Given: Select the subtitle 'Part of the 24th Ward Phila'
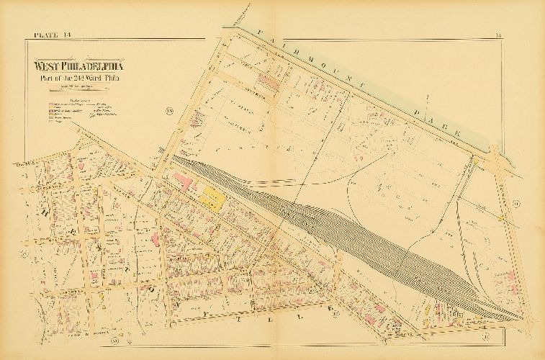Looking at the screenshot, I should (x=85, y=78).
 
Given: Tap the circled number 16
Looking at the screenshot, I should (x=170, y=110).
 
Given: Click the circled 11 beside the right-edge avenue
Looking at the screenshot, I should (x=515, y=206).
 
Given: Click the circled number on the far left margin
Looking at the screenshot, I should (x=24, y=253).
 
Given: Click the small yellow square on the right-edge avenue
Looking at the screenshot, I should (x=500, y=216).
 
